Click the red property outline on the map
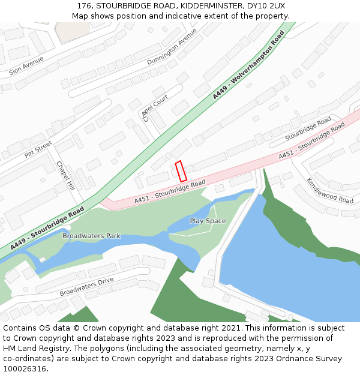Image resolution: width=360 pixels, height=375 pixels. pyautogui.click(x=181, y=171)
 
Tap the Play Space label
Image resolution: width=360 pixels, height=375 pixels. pyautogui.click(x=208, y=221)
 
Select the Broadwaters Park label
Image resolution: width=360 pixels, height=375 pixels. pyautogui.click(x=91, y=236)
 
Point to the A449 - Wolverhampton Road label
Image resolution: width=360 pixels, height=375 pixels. pyautogui.click(x=248, y=65)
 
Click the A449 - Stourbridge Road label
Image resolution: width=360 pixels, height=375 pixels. pyautogui.click(x=47, y=228)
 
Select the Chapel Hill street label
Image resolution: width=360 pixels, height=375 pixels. pyautogui.click(x=65, y=175)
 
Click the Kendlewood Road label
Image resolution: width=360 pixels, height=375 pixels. pyautogui.click(x=330, y=190)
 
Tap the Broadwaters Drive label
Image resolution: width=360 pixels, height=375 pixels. pyautogui.click(x=86, y=286)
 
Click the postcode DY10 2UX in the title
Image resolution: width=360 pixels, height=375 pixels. pyautogui.click(x=264, y=6)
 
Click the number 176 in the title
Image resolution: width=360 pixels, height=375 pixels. pyautogui.click(x=85, y=6)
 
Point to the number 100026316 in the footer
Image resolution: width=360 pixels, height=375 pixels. pyautogui.click(x=25, y=369)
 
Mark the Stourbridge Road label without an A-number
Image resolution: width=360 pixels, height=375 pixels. pyautogui.click(x=308, y=128)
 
